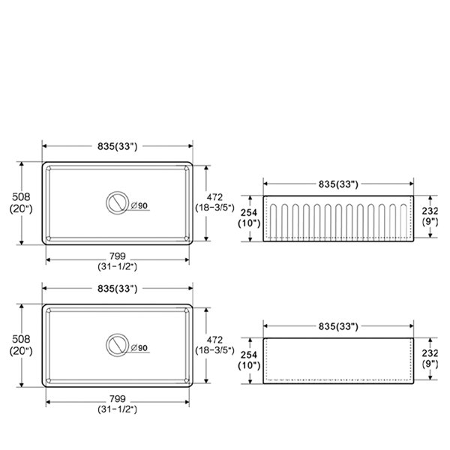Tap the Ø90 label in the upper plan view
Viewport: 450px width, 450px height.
point(139,205)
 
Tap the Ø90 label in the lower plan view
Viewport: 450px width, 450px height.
point(139,348)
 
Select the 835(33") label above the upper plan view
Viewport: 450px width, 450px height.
point(118,146)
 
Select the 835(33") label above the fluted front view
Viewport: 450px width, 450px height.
point(338,184)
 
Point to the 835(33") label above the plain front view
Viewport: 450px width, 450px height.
point(338,326)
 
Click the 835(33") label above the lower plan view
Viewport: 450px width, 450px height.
point(118,289)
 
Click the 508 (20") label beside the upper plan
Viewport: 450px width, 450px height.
point(21,202)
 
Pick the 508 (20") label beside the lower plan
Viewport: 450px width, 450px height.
point(21,345)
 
